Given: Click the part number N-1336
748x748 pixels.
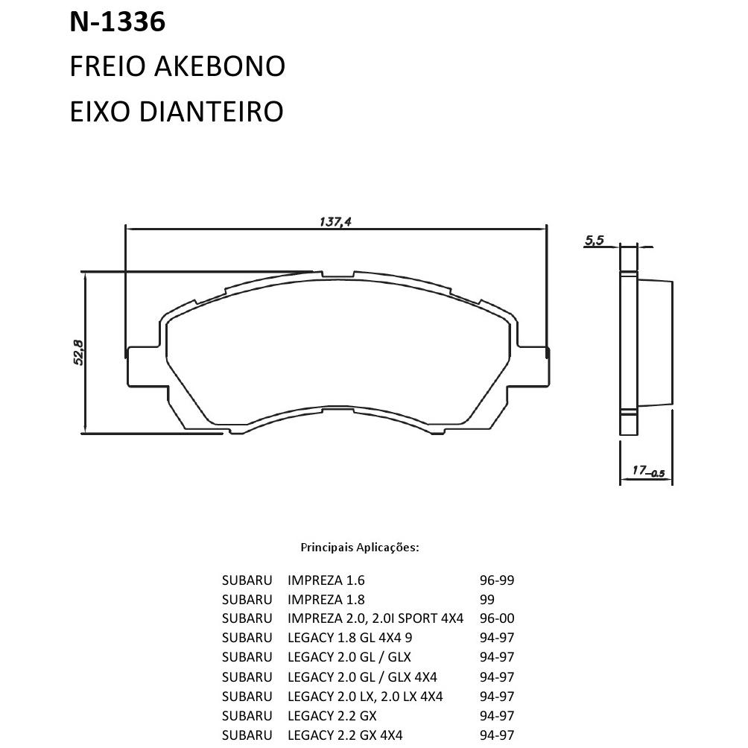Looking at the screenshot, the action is pyautogui.click(x=118, y=22).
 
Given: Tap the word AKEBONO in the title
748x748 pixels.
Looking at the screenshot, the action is pyautogui.click(x=220, y=66).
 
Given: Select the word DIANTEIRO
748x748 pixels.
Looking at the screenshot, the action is pyautogui.click(x=212, y=112).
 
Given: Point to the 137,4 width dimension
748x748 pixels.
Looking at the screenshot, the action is pyautogui.click(x=335, y=222).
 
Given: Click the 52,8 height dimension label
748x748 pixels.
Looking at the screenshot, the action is pyautogui.click(x=78, y=352).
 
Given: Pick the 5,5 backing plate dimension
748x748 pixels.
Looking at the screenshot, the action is pyautogui.click(x=595, y=240).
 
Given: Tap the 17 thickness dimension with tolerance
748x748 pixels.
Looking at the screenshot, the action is pyautogui.click(x=648, y=472).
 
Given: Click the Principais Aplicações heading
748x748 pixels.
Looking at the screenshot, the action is pyautogui.click(x=360, y=547).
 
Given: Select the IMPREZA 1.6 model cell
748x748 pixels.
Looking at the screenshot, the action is pyautogui.click(x=326, y=580).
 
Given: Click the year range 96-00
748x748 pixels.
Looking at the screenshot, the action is pyautogui.click(x=497, y=618).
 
